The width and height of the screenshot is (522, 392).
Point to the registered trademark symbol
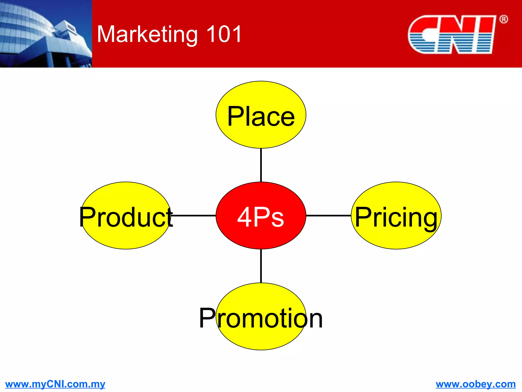tap(503, 19)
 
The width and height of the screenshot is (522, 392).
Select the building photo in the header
tap(46, 34)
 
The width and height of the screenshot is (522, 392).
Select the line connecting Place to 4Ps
tap(261, 165)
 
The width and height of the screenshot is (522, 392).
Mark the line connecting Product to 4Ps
tap(194, 216)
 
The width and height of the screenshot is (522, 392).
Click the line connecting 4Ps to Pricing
tap(328, 216)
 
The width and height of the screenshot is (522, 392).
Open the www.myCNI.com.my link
tap(55, 384)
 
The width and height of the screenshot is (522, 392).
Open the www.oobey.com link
tap(476, 384)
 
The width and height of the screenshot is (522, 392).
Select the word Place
tap(261, 116)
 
